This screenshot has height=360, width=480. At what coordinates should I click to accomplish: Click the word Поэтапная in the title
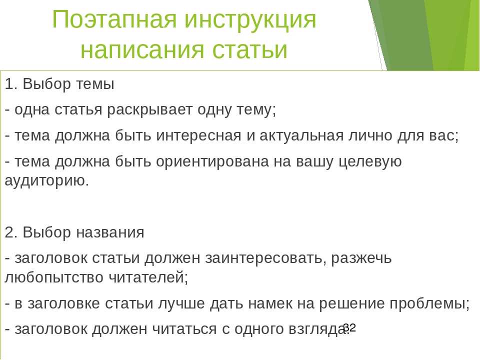tap(114, 19)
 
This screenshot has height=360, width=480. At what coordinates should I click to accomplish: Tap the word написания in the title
tap(142, 50)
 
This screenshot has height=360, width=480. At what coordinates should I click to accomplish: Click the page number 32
tap(349, 328)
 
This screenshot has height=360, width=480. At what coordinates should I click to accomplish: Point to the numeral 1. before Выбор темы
tap(11, 84)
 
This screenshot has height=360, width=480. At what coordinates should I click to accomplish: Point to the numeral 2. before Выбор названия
tap(11, 232)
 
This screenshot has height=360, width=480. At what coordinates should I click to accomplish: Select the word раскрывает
tap(149, 110)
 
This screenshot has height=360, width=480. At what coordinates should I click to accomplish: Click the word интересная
tap(198, 135)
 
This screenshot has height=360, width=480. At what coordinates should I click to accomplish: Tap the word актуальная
tap(301, 135)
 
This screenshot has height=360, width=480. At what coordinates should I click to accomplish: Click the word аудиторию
tap(47, 181)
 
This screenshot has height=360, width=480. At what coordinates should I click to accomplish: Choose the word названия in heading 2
tap(110, 232)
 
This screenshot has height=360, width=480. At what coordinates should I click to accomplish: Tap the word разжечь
tap(361, 258)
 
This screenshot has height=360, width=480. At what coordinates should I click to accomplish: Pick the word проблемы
tap(429, 304)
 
